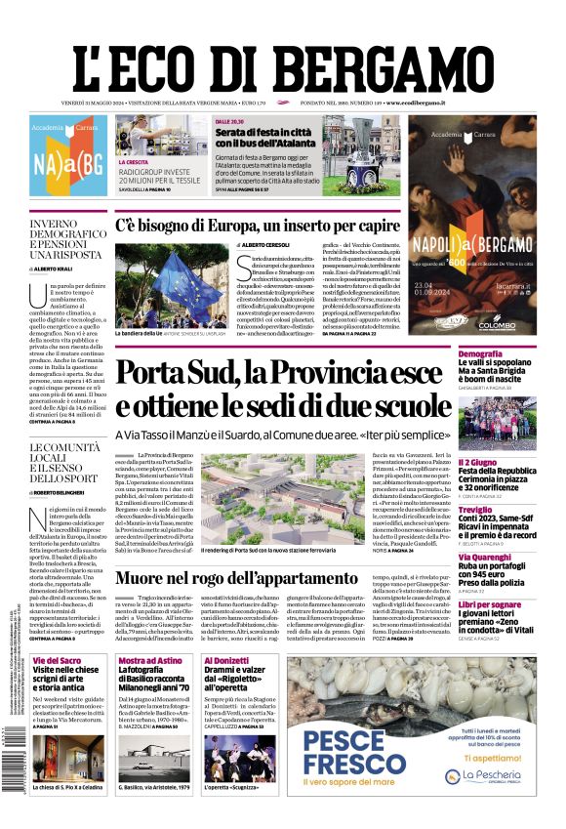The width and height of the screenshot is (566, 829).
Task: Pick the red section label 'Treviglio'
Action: coord(476,510)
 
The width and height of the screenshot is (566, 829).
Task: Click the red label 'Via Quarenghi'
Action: coord(486,558)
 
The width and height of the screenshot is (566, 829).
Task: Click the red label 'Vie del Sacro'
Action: coord(60,661)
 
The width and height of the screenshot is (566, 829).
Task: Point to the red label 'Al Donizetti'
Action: coord(226,661)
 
